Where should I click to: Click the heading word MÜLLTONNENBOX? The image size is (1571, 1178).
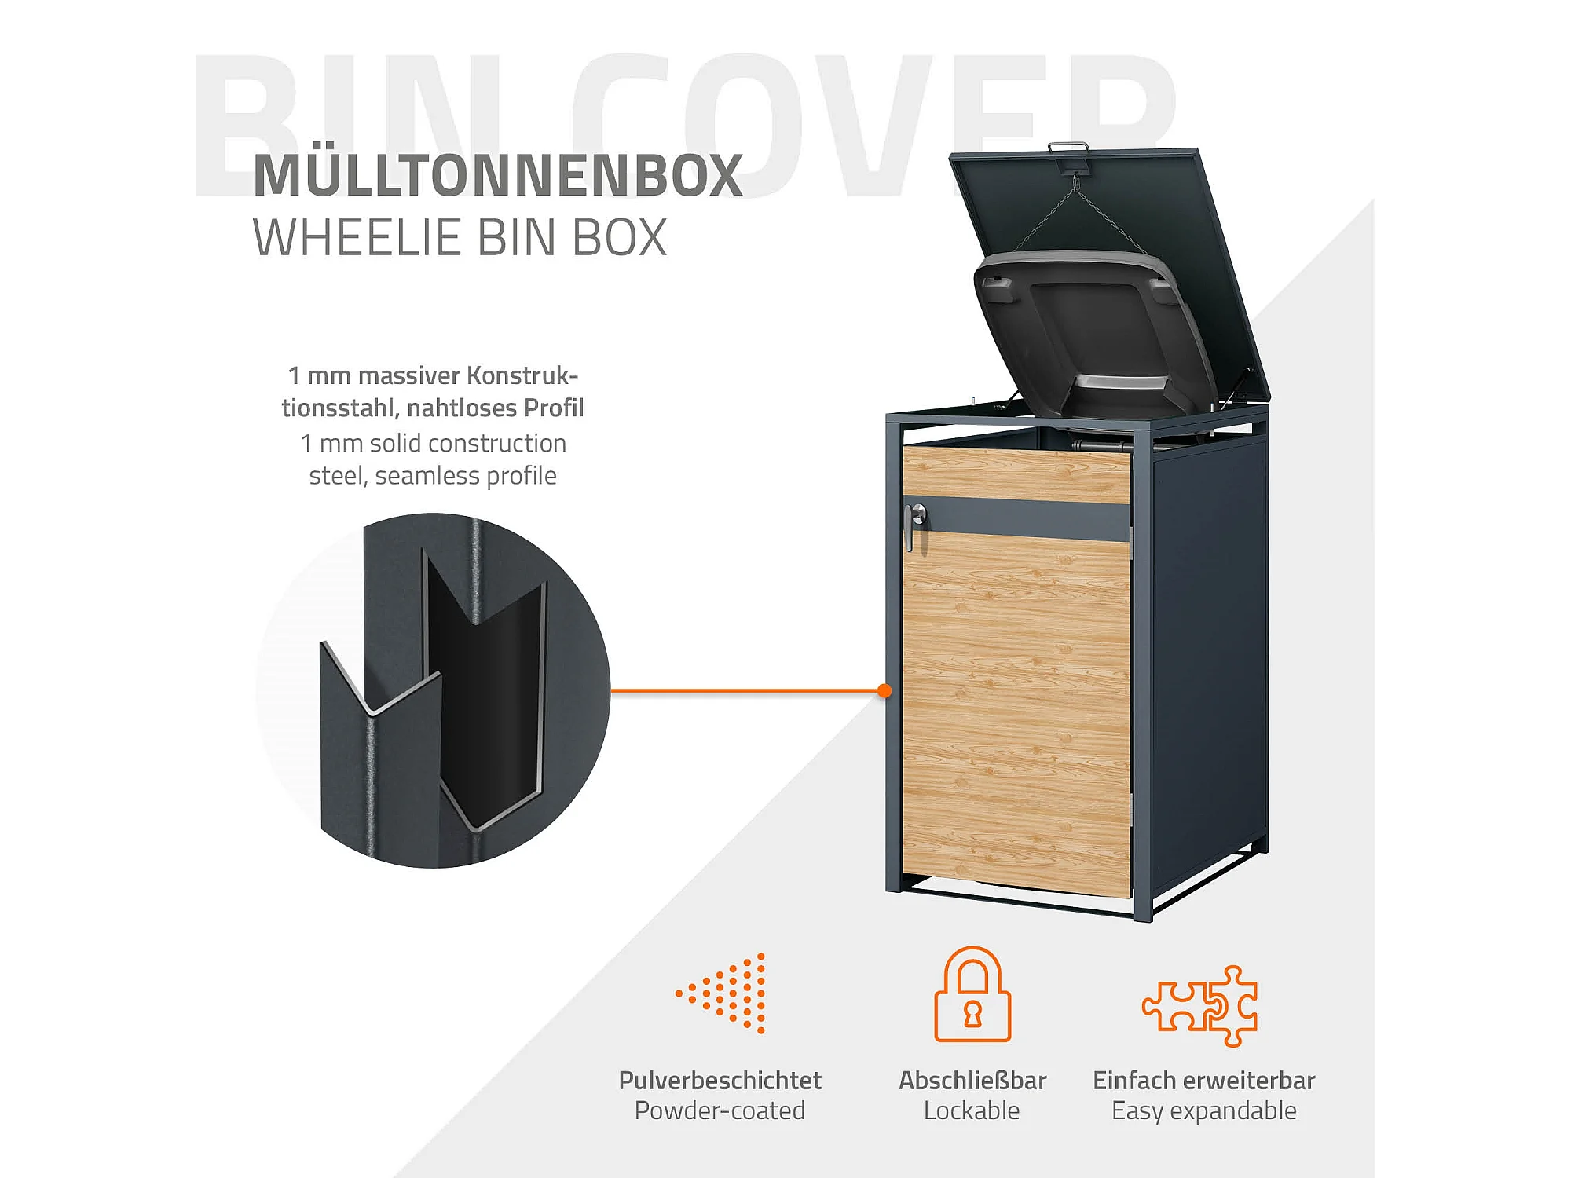pyautogui.click(x=497, y=175)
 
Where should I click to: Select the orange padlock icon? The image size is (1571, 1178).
pyautogui.click(x=972, y=995)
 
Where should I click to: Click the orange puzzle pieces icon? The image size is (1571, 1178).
pyautogui.click(x=1199, y=1006)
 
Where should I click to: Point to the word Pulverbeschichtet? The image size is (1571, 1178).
pyautogui.click(x=720, y=1081)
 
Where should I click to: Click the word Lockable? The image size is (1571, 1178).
pyautogui.click(x=972, y=1110)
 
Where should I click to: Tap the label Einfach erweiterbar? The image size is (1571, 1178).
pyautogui.click(x=1203, y=1081)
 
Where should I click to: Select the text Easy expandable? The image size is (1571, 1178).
pyautogui.click(x=1203, y=1110)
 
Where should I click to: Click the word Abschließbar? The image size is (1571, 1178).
pyautogui.click(x=972, y=1081)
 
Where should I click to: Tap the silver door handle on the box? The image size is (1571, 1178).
pyautogui.click(x=913, y=524)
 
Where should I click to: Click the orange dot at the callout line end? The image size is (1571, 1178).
pyautogui.click(x=884, y=691)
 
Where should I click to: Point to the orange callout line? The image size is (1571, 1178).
pyautogui.click(x=746, y=691)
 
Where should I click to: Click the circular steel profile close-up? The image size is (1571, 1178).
pyautogui.click(x=434, y=691)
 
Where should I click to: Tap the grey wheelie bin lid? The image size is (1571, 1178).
pyautogui.click(x=1092, y=330)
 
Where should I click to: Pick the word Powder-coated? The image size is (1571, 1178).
pyautogui.click(x=720, y=1110)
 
